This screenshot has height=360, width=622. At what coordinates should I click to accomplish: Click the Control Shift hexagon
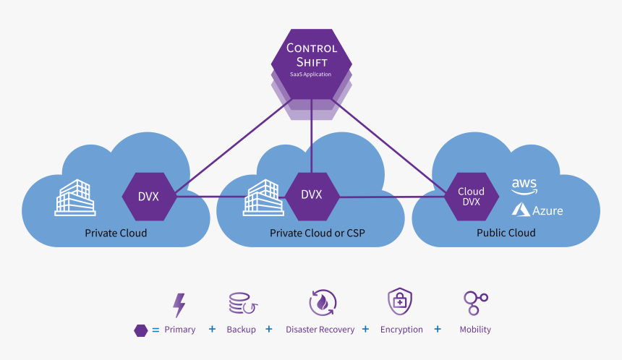pyautogui.click(x=311, y=61)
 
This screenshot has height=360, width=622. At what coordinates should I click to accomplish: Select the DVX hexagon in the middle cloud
pyautogui.click(x=311, y=195)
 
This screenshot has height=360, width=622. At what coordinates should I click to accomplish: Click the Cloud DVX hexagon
pyautogui.click(x=471, y=197)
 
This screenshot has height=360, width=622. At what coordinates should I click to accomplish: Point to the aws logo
pyautogui.click(x=524, y=187)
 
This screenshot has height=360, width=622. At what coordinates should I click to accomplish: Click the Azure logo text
pyautogui.click(x=547, y=211)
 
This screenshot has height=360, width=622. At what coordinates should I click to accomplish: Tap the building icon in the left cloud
pyautogui.click(x=75, y=197)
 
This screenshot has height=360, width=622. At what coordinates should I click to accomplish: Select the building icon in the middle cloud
pyautogui.click(x=263, y=197)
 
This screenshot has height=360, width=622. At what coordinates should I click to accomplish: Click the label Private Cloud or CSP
pyautogui.click(x=311, y=233)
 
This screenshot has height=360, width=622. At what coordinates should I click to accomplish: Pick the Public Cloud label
pyautogui.click(x=506, y=233)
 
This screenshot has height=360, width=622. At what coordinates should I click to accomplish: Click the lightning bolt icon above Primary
pyautogui.click(x=179, y=305)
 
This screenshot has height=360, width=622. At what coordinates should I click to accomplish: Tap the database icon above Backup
pyautogui.click(x=240, y=304)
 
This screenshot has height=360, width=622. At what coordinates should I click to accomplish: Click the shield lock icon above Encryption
pyautogui.click(x=400, y=301)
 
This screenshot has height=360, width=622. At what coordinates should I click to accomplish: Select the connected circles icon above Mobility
pyautogui.click(x=475, y=303)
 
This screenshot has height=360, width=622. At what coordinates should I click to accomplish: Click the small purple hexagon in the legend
pyautogui.click(x=141, y=330)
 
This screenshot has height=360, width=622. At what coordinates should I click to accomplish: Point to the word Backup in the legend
pyautogui.click(x=241, y=330)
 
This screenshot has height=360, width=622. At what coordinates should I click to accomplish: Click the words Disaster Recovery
pyautogui.click(x=320, y=330)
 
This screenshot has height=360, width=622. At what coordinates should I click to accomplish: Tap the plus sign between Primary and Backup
pyautogui.click(x=212, y=329)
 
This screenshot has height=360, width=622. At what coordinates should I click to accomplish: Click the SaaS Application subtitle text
pyautogui.click(x=311, y=74)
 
